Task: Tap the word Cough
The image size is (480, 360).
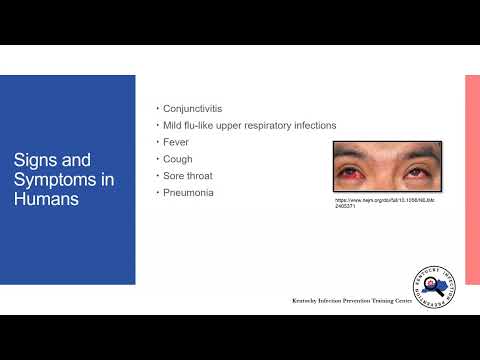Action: click(178, 158)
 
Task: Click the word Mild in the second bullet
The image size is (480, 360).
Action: click(172, 125)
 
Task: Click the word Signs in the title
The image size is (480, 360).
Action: click(34, 160)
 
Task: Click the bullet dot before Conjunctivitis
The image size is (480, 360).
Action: click(157, 109)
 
